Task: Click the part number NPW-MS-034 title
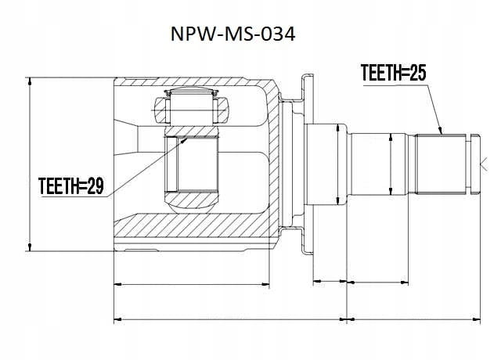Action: click(233, 34)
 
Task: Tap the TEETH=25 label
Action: click(393, 73)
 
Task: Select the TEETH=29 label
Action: click(71, 186)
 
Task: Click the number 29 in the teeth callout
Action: click(96, 186)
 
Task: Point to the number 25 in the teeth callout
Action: click(417, 73)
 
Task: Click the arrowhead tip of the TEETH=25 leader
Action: click(442, 134)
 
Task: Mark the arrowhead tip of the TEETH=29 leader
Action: click(187, 138)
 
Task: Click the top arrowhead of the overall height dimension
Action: click(30, 78)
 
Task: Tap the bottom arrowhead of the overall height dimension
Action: click(30, 250)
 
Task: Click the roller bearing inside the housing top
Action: click(191, 107)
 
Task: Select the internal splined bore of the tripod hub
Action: click(192, 164)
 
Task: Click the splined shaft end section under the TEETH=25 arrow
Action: click(441, 164)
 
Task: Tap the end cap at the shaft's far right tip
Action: click(475, 164)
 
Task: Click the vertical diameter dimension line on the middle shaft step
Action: click(391, 164)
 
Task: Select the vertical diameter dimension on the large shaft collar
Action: click(338, 164)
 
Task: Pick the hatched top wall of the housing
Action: click(192, 81)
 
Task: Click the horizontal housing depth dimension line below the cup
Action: click(192, 284)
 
